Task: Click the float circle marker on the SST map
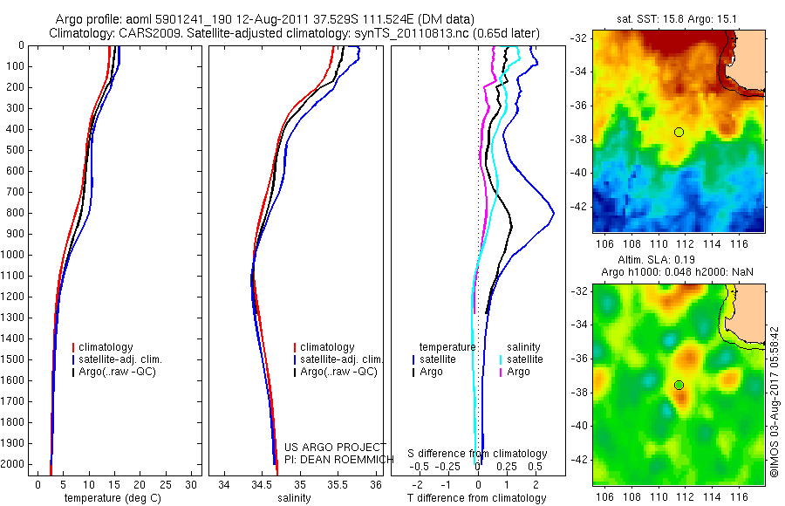tap(679, 132)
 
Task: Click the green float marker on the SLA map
tap(679, 385)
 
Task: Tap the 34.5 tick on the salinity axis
tap(262, 484)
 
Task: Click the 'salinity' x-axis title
tap(293, 498)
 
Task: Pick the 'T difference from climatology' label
tap(477, 498)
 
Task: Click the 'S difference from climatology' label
tap(477, 454)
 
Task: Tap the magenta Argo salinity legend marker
tap(501, 372)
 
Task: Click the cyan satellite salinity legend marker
tap(501, 359)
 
